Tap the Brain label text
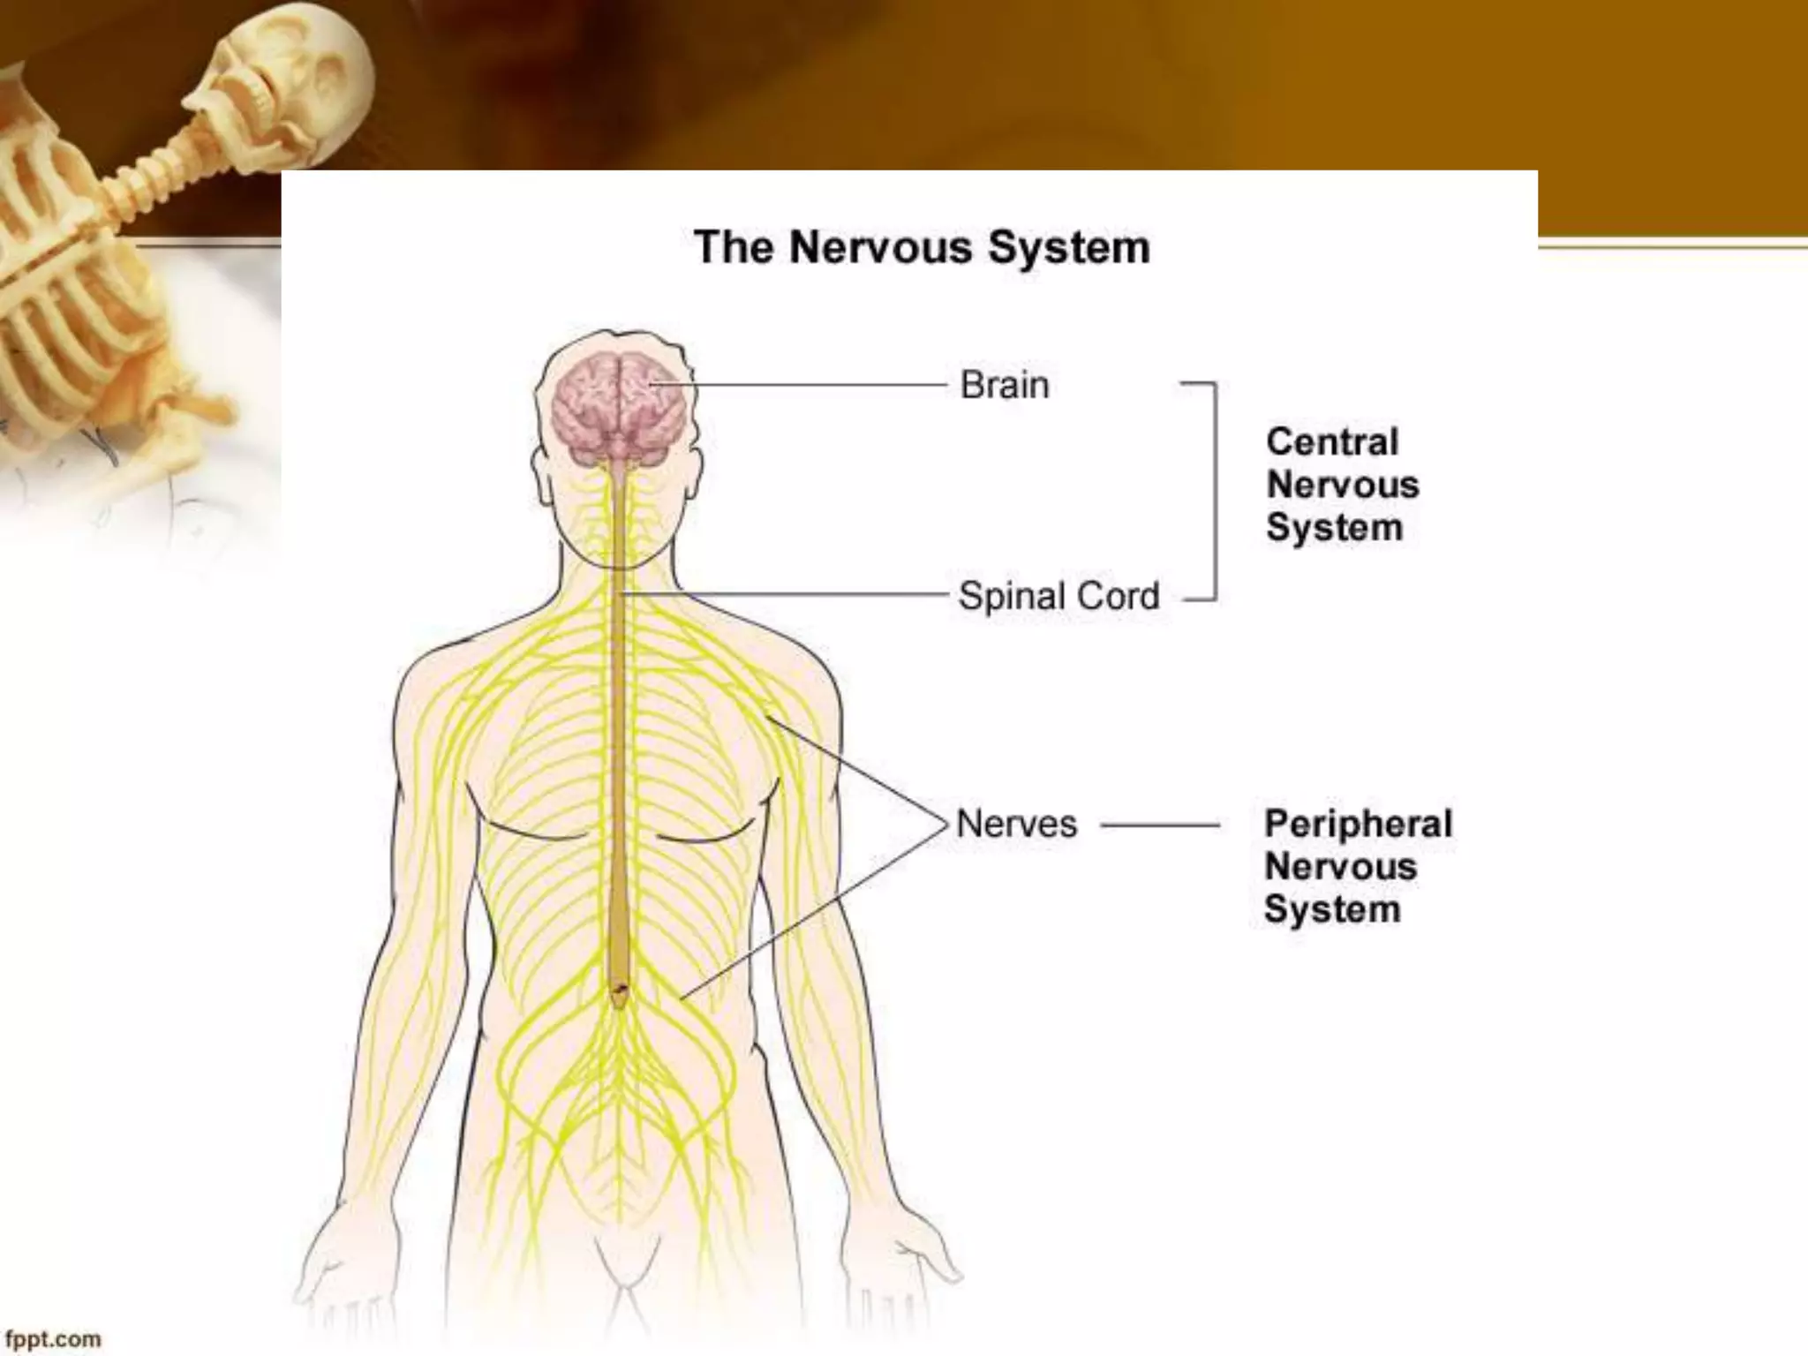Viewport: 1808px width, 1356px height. [x=1005, y=386]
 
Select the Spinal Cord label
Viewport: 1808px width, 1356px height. [x=1058, y=597]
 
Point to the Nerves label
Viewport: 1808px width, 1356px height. [x=1017, y=825]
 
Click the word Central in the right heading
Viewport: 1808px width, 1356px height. [x=1332, y=442]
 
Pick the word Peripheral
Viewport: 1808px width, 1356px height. [x=1358, y=825]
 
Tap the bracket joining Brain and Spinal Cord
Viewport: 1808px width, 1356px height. [x=1215, y=491]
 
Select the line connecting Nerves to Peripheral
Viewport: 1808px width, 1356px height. [x=1160, y=826]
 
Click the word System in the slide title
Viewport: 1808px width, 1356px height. [x=1068, y=248]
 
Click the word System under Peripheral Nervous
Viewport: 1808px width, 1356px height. [x=1332, y=910]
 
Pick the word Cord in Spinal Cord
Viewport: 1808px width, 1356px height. [x=1119, y=597]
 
